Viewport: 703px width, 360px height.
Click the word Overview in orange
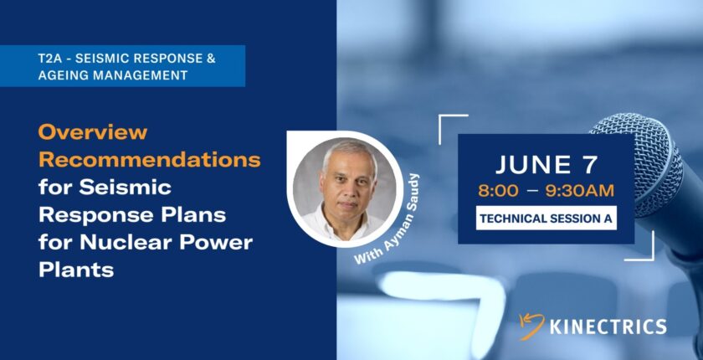pyautogui.click(x=93, y=131)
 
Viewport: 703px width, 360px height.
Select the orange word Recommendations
pyautogui.click(x=149, y=160)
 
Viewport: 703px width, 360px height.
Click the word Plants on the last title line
pyautogui.click(x=76, y=270)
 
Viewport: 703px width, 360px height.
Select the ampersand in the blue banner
pyautogui.click(x=211, y=59)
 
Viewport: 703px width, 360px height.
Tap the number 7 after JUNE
pyautogui.click(x=589, y=165)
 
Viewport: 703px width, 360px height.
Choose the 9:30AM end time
pyautogui.click(x=580, y=191)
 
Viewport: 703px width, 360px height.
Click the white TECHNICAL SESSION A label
pyautogui.click(x=546, y=219)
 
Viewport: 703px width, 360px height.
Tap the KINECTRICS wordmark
pyautogui.click(x=608, y=327)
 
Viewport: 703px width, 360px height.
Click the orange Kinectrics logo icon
pyautogui.click(x=531, y=326)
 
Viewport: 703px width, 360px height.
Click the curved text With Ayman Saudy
pyautogui.click(x=387, y=220)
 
